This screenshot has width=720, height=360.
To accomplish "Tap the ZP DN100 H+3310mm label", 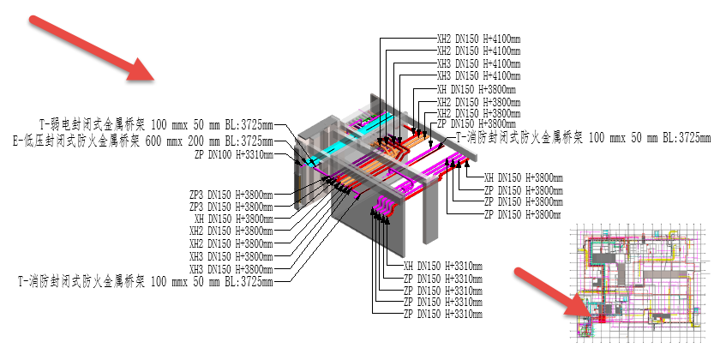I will pos(234,154).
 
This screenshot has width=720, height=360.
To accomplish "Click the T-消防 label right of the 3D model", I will pos(583,136).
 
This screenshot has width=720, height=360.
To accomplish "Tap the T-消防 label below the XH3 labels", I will pos(146,281).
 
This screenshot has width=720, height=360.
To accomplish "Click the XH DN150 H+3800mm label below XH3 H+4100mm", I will pos(476,88).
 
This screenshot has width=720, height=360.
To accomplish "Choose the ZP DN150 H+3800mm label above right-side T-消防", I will pos(476,124).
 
